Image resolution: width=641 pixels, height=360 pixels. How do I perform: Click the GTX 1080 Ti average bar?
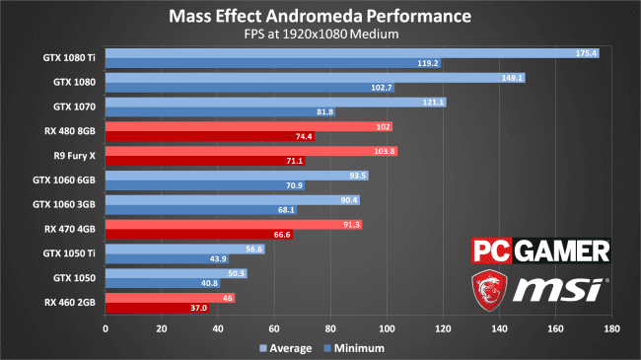pyautogui.click(x=352, y=53)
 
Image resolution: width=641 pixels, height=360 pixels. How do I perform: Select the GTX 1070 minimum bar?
pyautogui.click(x=220, y=111)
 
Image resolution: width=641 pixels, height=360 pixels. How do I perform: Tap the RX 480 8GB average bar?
pyautogui.click(x=249, y=127)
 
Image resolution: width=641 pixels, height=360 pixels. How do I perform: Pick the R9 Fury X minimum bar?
pyautogui.click(x=205, y=161)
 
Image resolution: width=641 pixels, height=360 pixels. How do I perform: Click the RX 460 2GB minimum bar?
pyautogui.click(x=158, y=308)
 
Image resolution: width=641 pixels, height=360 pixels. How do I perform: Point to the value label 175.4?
pyautogui.click(x=586, y=53)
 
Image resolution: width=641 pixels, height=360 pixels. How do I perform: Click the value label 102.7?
pyautogui.click(x=382, y=88)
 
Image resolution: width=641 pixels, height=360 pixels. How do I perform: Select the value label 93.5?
pyautogui.click(x=358, y=176)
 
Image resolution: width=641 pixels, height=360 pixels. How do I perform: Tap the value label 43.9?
pyautogui.click(x=218, y=259)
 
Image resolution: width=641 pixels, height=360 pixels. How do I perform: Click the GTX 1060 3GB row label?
pyautogui.click(x=64, y=204)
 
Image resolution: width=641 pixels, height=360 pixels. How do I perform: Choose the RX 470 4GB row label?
pyautogui.click(x=69, y=229)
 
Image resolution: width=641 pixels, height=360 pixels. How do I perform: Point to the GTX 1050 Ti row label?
pyautogui.click(x=69, y=253)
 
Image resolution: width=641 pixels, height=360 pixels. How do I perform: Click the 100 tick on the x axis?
pyautogui.click(x=387, y=328)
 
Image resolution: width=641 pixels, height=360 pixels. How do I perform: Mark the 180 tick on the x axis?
pyautogui.click(x=612, y=328)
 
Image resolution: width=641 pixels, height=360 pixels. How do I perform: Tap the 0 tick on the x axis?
pyautogui.click(x=106, y=328)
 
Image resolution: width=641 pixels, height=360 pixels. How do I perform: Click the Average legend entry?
pyautogui.click(x=285, y=348)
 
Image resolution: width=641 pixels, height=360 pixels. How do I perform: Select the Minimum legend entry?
pyautogui.click(x=354, y=348)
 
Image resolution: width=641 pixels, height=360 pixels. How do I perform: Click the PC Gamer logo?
pyautogui.click(x=540, y=251)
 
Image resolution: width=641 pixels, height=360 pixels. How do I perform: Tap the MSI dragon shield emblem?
pyautogui.click(x=489, y=290)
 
